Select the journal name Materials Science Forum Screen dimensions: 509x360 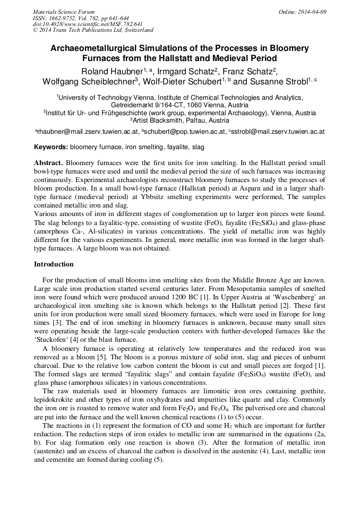(64, 12)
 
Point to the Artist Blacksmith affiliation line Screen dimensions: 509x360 (179, 120)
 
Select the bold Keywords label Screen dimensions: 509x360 (51, 146)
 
